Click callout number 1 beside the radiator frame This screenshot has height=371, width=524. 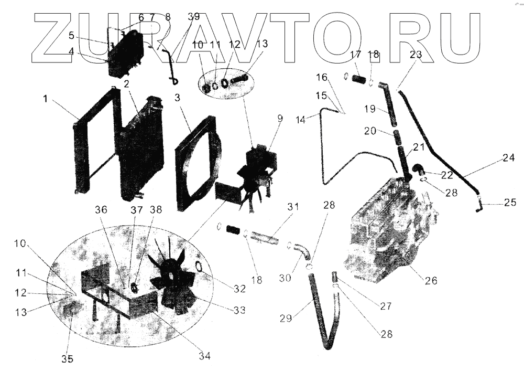pyautogui.click(x=47, y=98)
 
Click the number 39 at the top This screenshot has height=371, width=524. pyautogui.click(x=193, y=17)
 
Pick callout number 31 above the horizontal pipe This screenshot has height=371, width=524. pyautogui.click(x=292, y=207)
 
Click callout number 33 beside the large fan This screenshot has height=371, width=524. pyautogui.click(x=239, y=310)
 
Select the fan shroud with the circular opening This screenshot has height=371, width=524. pyautogui.click(x=196, y=163)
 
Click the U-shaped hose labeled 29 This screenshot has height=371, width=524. pyautogui.click(x=325, y=325)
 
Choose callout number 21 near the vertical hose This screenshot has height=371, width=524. pyautogui.click(x=418, y=148)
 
